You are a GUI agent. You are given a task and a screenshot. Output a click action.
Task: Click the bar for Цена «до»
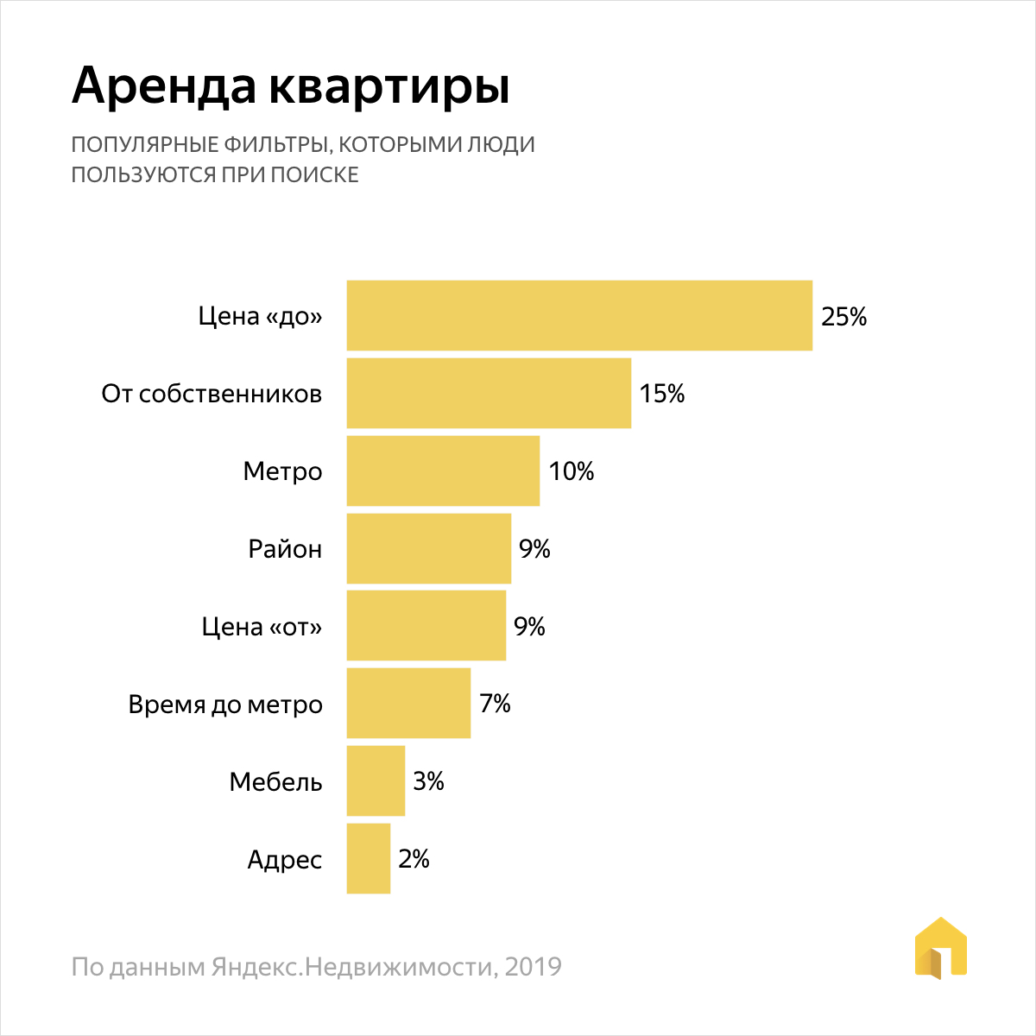pyautogui.click(x=579, y=316)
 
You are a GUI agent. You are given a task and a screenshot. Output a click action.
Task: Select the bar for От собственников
pyautogui.click(x=489, y=394)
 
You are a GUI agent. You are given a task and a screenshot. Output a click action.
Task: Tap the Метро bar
pyautogui.click(x=443, y=471)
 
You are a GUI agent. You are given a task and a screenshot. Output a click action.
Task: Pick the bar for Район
pyautogui.click(x=428, y=549)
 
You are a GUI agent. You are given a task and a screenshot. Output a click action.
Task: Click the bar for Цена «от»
pyautogui.click(x=426, y=626)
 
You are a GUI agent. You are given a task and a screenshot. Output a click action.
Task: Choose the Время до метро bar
pyautogui.click(x=408, y=704)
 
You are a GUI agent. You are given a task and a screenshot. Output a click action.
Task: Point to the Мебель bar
pyautogui.click(x=376, y=781)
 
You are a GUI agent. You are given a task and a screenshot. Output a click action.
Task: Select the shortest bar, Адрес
pyautogui.click(x=368, y=859)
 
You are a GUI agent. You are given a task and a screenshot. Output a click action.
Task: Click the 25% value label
pyautogui.click(x=843, y=317)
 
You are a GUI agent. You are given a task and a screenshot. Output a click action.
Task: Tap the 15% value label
pyautogui.click(x=662, y=395)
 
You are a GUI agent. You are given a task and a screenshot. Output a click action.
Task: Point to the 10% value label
pyautogui.click(x=572, y=472)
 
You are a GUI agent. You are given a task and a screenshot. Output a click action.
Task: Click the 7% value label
pyautogui.click(x=495, y=704)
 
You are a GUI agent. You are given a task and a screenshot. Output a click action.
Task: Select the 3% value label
pyautogui.click(x=428, y=782)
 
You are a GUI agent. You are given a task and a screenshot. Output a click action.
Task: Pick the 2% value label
pyautogui.click(x=414, y=860)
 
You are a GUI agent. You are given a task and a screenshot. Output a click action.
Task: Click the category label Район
pyautogui.click(x=285, y=550)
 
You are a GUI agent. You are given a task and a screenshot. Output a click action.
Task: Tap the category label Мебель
pyautogui.click(x=275, y=783)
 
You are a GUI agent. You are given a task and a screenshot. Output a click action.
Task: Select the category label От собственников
pyautogui.click(x=212, y=395)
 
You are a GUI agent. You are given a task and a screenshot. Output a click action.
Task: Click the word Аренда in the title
pyautogui.click(x=164, y=86)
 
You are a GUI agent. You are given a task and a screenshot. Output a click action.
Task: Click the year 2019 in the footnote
pyautogui.click(x=533, y=967)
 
